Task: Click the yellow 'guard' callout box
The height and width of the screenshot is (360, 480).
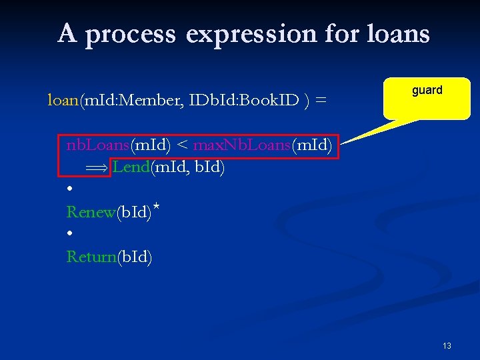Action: point(427,98)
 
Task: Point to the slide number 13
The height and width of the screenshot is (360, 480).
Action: point(447,345)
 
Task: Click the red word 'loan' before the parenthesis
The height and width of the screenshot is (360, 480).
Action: point(63,100)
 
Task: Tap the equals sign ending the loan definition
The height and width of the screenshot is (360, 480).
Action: point(321,101)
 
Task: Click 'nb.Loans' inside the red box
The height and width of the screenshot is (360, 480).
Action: point(97,145)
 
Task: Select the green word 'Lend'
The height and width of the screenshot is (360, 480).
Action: point(131,167)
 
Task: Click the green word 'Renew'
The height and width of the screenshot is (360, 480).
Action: point(91,212)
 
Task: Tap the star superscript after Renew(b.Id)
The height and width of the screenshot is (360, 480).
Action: point(155,207)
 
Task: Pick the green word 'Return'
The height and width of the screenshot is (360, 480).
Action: point(91,257)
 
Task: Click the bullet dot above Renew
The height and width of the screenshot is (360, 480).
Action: point(70,189)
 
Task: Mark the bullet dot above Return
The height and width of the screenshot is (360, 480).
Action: point(70,234)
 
